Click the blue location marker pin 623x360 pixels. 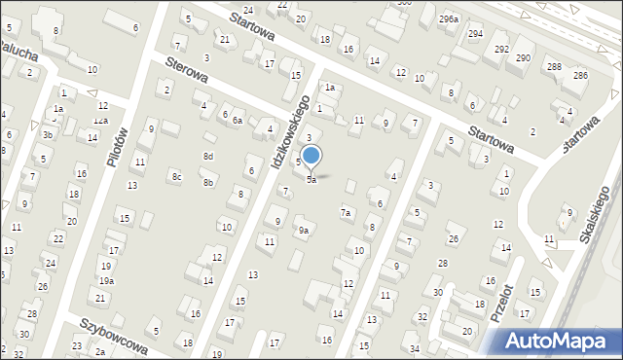tap(311, 156)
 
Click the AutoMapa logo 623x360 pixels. tap(559, 341)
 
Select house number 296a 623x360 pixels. tap(448, 18)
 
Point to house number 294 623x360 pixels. tap(475, 34)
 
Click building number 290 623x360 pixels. tap(523, 58)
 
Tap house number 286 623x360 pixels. tap(580, 75)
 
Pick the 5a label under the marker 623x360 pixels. tap(311, 180)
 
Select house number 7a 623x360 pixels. tap(345, 212)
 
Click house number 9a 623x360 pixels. tap(304, 231)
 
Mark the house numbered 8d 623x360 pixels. tap(207, 156)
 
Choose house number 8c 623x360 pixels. tap(176, 176)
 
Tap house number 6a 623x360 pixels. tap(237, 120)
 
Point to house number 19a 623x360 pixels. tap(106, 280)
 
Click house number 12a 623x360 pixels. tap(100, 121)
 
